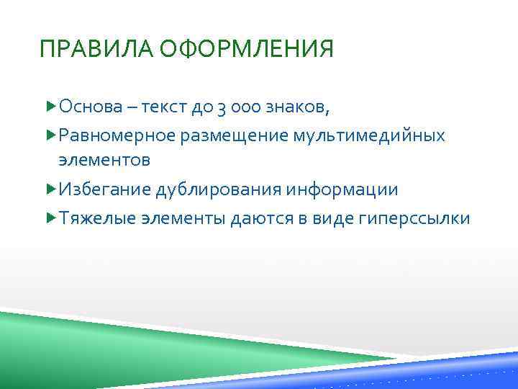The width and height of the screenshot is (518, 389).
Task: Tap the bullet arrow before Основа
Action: pyautogui.click(x=50, y=107)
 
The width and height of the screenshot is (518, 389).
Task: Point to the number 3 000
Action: pyautogui.click(x=220, y=108)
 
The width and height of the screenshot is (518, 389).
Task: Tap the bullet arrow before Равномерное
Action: pyautogui.click(x=50, y=135)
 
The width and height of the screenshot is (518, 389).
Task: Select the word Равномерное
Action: pyautogui.click(x=116, y=135)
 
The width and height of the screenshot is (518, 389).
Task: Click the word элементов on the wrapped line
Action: pyautogui.click(x=104, y=159)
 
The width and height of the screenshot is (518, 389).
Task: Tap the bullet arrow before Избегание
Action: pyautogui.click(x=50, y=189)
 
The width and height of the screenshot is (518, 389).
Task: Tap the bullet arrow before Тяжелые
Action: pyautogui.click(x=50, y=217)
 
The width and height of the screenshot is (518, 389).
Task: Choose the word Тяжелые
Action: pyautogui.click(x=95, y=218)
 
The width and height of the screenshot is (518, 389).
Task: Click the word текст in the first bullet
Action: pyautogui.click(x=165, y=108)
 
